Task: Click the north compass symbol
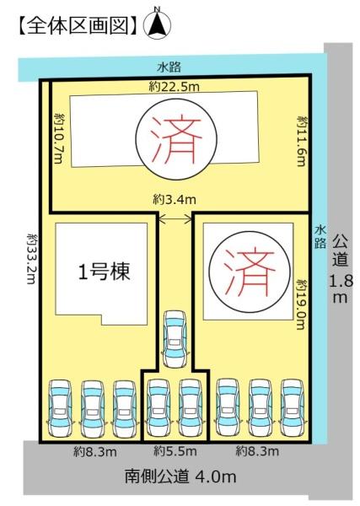point(158,24)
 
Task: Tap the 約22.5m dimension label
point(175,87)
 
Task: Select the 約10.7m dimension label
point(59,137)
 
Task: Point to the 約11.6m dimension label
point(302,141)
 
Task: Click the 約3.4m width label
point(175,200)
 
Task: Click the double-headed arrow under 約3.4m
point(175,219)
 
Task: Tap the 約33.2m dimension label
point(33,258)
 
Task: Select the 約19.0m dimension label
point(301,304)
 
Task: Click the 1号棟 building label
point(105,272)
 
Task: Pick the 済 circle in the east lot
point(250,271)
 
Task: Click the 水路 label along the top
point(169,67)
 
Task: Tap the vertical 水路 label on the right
point(320,237)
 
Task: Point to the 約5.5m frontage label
point(175,451)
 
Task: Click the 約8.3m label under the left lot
point(94,452)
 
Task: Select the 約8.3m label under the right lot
point(257,451)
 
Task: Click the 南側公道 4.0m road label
point(180,476)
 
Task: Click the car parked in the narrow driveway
point(175,338)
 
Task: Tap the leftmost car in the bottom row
point(61,408)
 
